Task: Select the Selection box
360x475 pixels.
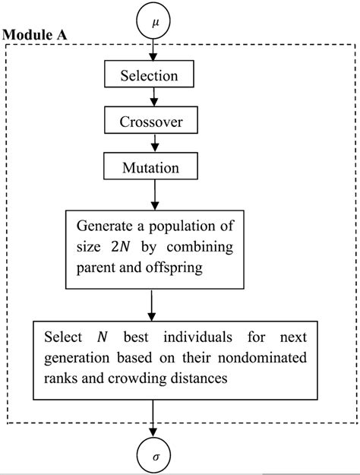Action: pos(150,75)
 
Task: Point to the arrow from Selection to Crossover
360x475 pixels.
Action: pos(154,98)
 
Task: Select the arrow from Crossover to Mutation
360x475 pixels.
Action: pos(154,144)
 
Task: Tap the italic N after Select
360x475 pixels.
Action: pos(100,336)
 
